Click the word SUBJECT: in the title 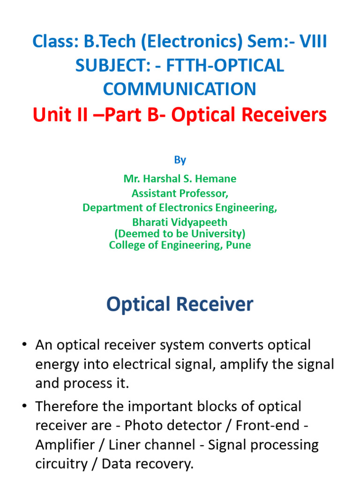(x=101, y=66)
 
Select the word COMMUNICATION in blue (x=180, y=89)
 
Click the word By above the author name (x=180, y=160)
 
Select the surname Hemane (x=217, y=179)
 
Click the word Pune (x=240, y=245)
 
